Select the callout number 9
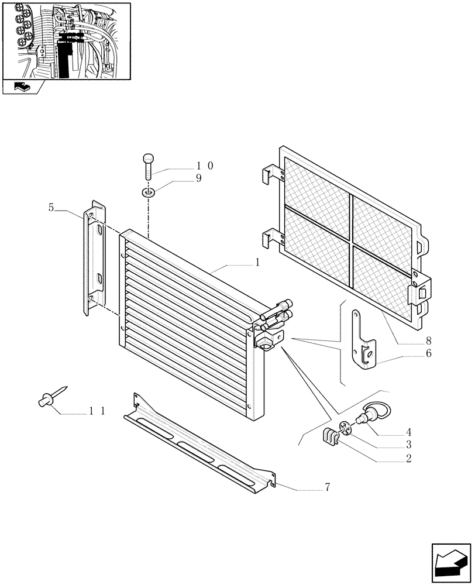coord(198,179)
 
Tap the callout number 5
coord(51,207)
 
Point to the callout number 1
coord(257,264)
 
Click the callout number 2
coord(408,459)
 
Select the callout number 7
coord(327,487)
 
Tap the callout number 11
coord(97,411)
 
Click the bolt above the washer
coord(148,166)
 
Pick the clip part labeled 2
coord(332,437)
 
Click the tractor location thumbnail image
coord(66,40)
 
